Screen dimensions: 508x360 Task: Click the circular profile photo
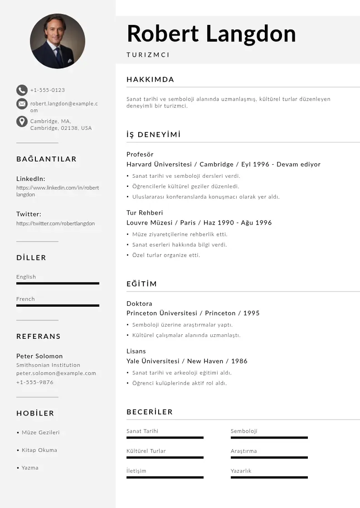(58, 41)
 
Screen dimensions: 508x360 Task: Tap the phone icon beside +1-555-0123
(22, 90)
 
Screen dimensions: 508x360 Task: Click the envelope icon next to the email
(22, 104)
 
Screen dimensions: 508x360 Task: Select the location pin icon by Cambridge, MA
(22, 122)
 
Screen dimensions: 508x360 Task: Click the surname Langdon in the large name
(251, 34)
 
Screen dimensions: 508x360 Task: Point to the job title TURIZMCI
(148, 55)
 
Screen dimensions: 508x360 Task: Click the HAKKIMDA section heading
(150, 79)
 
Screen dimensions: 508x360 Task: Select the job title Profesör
(140, 154)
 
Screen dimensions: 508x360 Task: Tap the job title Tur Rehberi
(145, 213)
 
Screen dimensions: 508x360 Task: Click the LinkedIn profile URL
(58, 191)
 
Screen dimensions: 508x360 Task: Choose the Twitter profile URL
(56, 223)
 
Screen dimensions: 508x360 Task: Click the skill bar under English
(58, 283)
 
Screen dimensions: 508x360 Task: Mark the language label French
(25, 299)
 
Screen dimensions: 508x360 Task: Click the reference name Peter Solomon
(39, 356)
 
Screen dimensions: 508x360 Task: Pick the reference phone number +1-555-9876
(35, 382)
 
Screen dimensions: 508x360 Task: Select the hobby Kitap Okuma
(39, 450)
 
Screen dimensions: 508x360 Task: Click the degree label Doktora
(139, 303)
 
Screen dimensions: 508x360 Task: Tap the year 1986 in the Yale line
(239, 361)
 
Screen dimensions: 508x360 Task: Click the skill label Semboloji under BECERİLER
(244, 431)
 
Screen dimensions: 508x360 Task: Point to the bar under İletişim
(165, 477)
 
